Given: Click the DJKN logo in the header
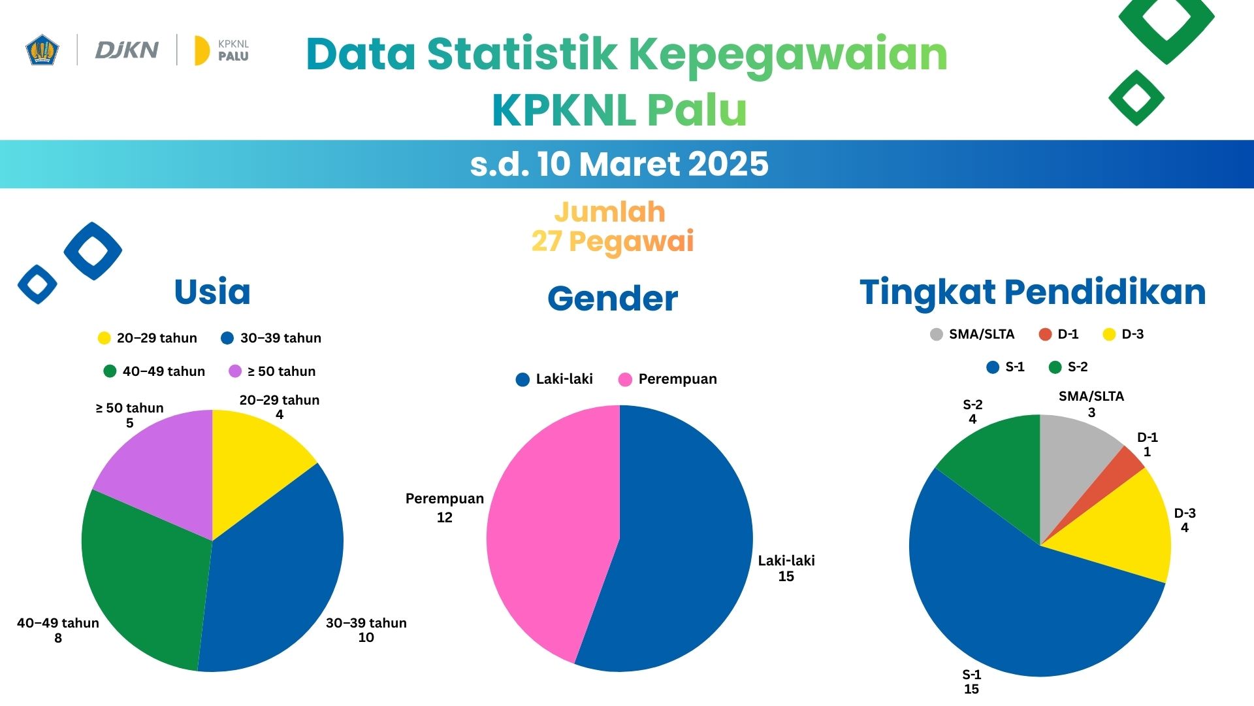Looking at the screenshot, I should pos(127,50).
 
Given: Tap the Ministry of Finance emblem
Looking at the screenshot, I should pos(42,50).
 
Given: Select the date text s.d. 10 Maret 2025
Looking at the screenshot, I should pos(619,164).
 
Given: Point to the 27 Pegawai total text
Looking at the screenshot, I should pos(612,241).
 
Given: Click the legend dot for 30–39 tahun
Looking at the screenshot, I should pos(227,338).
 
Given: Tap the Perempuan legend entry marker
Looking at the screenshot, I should pos(625,380).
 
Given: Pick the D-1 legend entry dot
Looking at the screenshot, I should pos(1045,335).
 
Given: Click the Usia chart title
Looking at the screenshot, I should pos(212,292).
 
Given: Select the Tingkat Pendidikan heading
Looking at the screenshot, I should pos(1032,292).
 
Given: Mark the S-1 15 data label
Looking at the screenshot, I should pos(971,682).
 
